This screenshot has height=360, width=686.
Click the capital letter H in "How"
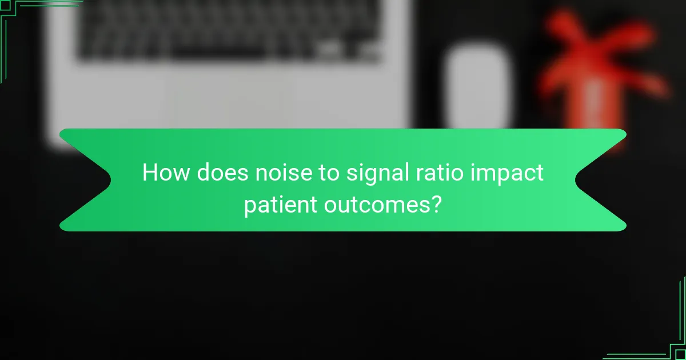point(150,173)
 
